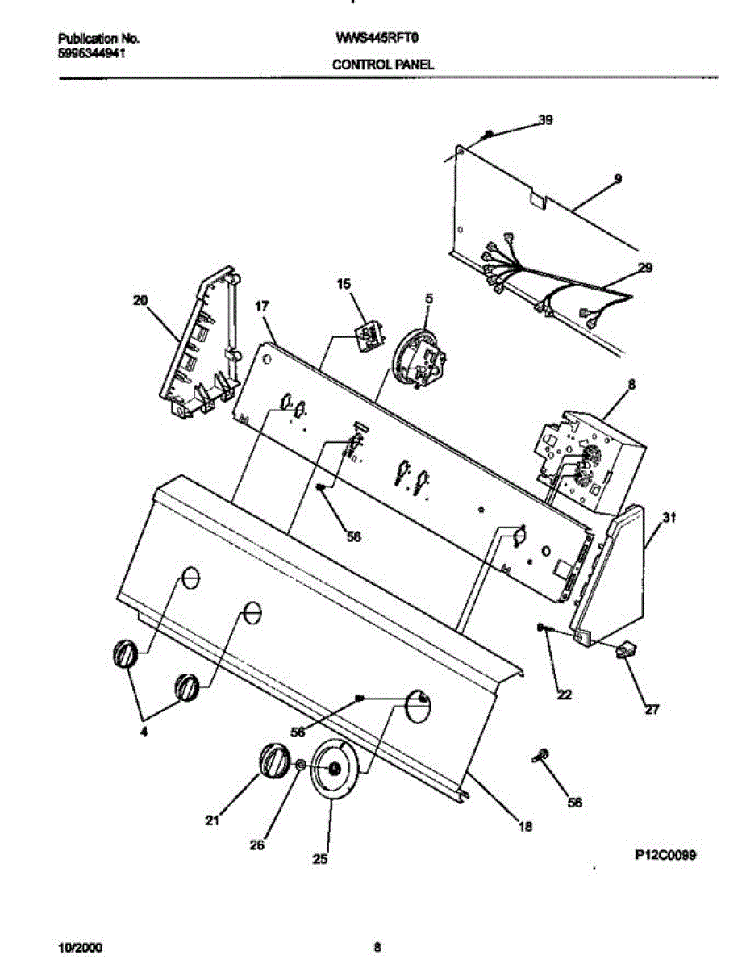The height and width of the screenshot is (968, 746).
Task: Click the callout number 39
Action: click(546, 120)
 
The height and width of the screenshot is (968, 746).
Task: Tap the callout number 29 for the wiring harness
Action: click(644, 267)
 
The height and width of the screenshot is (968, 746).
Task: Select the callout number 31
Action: click(669, 521)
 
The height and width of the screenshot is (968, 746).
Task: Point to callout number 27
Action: click(651, 710)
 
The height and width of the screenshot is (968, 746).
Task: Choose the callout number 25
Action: click(320, 860)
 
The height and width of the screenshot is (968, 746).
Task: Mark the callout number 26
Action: click(256, 845)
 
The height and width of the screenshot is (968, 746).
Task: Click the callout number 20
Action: click(141, 300)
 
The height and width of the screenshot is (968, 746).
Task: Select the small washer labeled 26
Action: click(300, 765)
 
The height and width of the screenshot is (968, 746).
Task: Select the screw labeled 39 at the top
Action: click(487, 134)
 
